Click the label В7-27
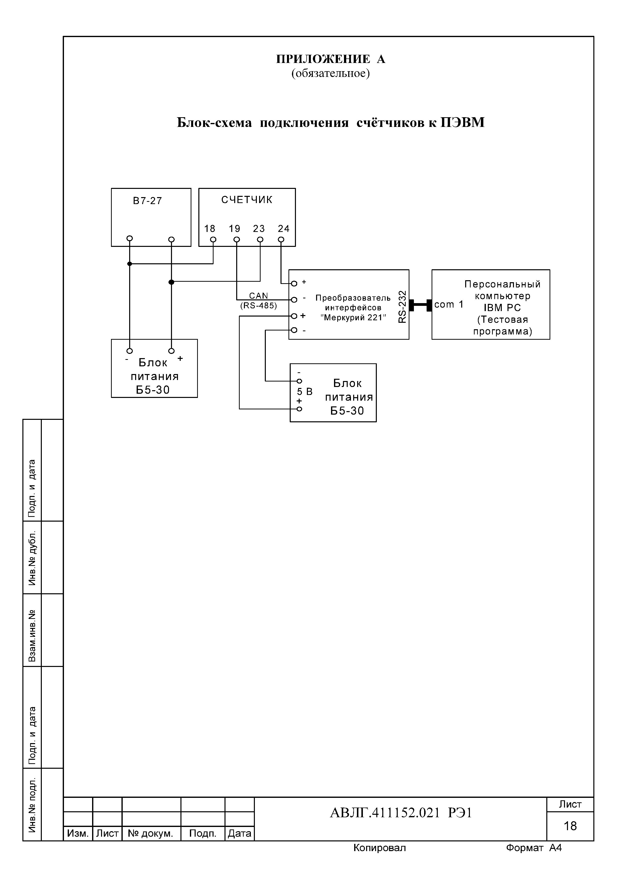point(148,201)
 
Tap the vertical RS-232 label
point(403,307)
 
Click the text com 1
point(449,304)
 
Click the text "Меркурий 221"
point(353,318)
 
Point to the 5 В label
point(304,392)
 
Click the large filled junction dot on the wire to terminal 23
point(171,282)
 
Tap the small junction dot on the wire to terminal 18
point(130,264)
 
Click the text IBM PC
point(502,308)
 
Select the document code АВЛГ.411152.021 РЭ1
point(401,526)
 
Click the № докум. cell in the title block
point(151,546)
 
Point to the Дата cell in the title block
point(239,546)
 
